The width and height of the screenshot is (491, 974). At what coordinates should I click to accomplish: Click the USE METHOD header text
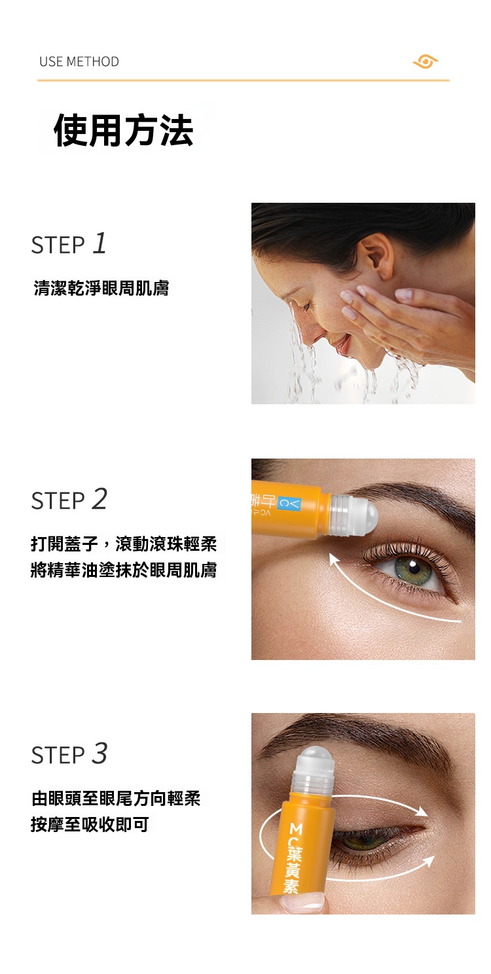pos(79,61)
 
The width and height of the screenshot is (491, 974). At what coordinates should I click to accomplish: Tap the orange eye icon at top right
pos(426,61)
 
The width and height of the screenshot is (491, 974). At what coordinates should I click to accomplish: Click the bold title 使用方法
pos(124,130)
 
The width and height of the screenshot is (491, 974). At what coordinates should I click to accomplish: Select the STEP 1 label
pos(69,244)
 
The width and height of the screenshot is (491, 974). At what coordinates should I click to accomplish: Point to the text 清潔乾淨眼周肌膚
pos(101,288)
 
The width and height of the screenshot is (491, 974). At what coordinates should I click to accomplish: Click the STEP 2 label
pos(69,500)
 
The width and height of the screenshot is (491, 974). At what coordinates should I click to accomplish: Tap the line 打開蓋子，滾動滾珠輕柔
pos(124,543)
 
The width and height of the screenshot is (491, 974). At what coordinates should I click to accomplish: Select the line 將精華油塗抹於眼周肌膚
pos(124,570)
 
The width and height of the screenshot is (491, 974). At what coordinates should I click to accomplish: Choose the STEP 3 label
pos(69,754)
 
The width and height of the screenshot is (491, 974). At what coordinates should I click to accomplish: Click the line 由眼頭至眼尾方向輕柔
pos(116,798)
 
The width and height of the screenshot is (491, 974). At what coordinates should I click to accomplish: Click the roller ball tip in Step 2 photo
pos(365,515)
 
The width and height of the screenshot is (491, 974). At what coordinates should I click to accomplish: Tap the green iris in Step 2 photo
pos(412,566)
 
